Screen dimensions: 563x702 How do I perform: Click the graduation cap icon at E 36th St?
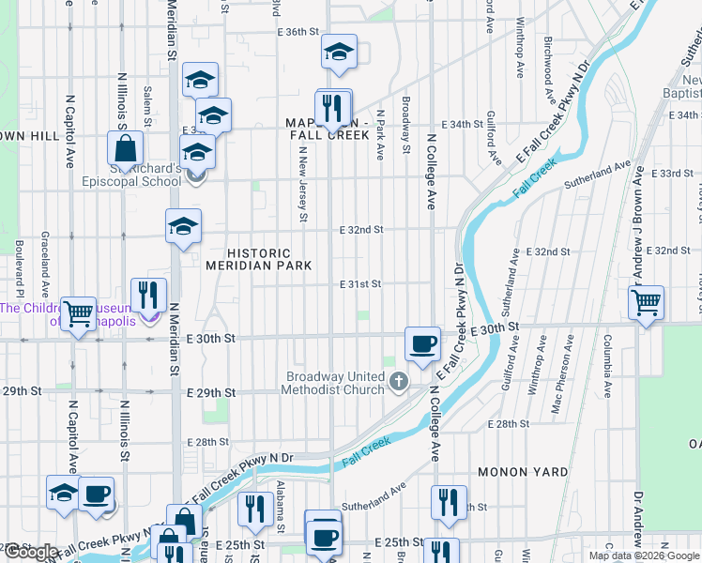click(x=339, y=53)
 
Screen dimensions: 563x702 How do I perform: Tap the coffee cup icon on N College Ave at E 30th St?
click(x=423, y=343)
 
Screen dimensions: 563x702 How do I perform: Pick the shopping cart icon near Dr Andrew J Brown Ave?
click(x=646, y=303)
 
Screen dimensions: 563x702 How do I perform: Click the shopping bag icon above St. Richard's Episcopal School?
click(x=125, y=148)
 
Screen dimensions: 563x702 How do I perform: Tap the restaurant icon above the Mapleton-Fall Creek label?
click(x=331, y=109)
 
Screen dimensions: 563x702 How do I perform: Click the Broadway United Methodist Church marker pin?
click(x=399, y=380)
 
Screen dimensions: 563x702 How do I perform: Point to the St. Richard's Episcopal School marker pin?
click(x=195, y=175)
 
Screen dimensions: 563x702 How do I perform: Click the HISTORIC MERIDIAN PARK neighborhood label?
click(x=259, y=260)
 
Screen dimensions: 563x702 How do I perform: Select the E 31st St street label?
click(x=360, y=283)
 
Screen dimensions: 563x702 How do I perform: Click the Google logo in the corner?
click(x=31, y=553)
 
